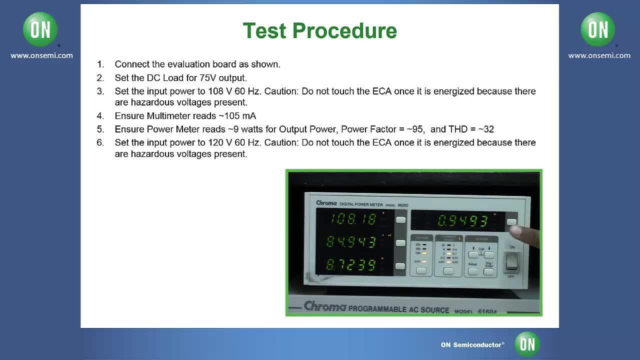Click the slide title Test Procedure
(x=319, y=30)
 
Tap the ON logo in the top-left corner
(x=40, y=29)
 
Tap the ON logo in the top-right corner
(x=598, y=29)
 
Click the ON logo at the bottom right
(x=527, y=344)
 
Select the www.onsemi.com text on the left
(x=41, y=55)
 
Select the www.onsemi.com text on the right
(x=599, y=55)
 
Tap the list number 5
(x=100, y=129)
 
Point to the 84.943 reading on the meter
(x=350, y=242)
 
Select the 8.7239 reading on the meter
(x=350, y=264)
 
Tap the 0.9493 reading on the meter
(x=462, y=220)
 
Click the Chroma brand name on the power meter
(x=326, y=203)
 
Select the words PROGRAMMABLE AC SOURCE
(x=398, y=309)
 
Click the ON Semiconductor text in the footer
(x=472, y=345)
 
